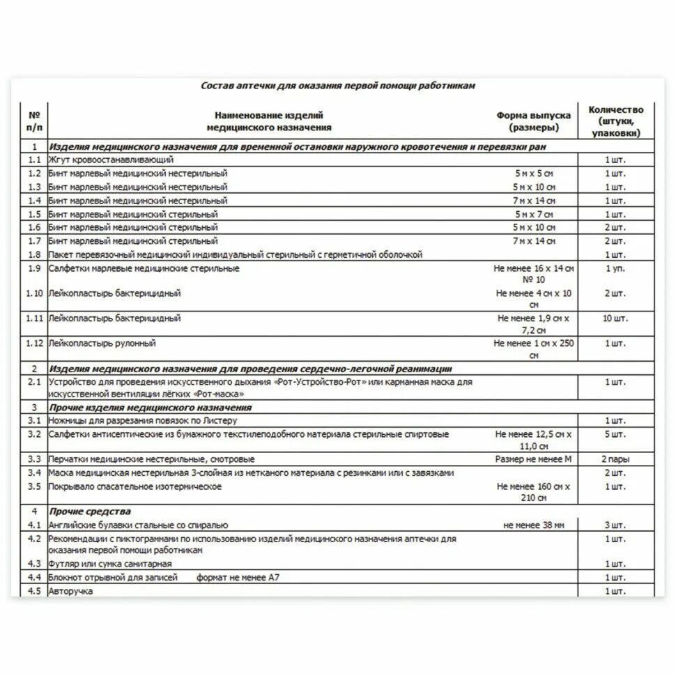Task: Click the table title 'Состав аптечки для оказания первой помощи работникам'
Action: click(338, 86)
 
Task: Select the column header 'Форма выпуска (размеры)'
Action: click(533, 122)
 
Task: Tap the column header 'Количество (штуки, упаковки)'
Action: click(615, 121)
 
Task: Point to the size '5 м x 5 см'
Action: click(535, 174)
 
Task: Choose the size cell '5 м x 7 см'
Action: click(535, 214)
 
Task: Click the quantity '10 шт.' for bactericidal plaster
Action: click(615, 318)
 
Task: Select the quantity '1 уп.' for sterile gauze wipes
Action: click(615, 268)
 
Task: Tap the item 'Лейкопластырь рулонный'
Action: click(102, 344)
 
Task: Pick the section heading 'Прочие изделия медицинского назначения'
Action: click(150, 408)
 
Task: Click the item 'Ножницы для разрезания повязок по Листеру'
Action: click(143, 421)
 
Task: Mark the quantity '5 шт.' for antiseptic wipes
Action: click(615, 434)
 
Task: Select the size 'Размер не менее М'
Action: click(533, 460)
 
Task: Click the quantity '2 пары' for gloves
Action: click(615, 460)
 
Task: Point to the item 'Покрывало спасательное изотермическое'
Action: click(135, 486)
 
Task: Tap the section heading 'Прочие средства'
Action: click(90, 512)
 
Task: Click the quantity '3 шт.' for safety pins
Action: click(615, 525)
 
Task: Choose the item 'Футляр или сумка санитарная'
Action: click(110, 564)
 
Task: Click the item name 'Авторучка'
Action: click(70, 591)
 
